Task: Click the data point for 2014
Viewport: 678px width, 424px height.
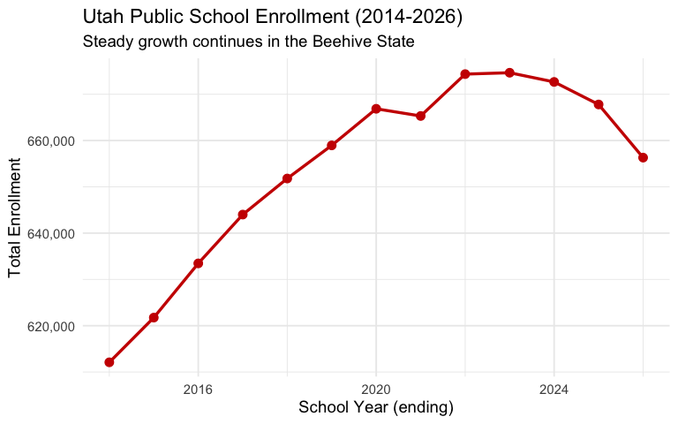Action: (x=109, y=362)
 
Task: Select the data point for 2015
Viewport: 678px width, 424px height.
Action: (x=154, y=317)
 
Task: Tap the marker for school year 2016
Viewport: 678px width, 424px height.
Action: (x=199, y=263)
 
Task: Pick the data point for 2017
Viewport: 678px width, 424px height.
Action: (x=243, y=215)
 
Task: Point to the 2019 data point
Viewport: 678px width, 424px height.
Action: (x=332, y=145)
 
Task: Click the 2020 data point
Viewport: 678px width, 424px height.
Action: (x=376, y=109)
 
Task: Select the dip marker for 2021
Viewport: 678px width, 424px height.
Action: (x=421, y=116)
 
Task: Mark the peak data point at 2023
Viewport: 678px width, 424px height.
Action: (x=509, y=72)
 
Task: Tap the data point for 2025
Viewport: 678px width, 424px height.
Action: (x=599, y=104)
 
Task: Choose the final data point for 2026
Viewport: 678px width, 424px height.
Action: (x=643, y=157)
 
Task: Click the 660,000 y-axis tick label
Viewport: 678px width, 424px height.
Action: (x=49, y=140)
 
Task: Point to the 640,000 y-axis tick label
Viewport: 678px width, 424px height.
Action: (x=49, y=233)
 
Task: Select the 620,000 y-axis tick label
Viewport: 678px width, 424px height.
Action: (x=49, y=326)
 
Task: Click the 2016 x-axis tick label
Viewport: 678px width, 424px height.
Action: (x=199, y=389)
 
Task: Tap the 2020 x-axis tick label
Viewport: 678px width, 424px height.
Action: (x=376, y=389)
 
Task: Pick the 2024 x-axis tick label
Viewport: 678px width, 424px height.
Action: (x=554, y=389)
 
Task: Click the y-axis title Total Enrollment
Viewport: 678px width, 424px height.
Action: (x=15, y=216)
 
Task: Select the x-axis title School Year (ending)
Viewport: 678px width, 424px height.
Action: (x=376, y=407)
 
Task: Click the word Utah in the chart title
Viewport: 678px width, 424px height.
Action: (x=101, y=17)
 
